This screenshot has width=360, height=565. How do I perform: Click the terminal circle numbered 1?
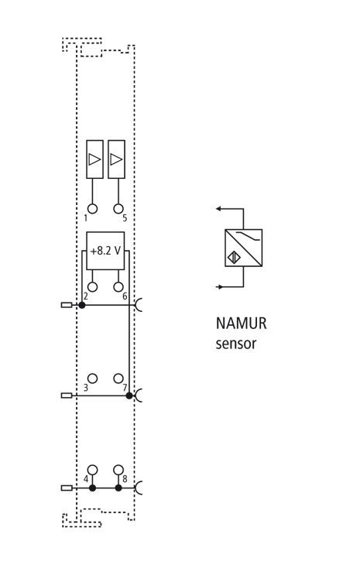tap(93, 209)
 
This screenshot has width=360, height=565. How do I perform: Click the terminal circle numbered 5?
tap(118, 209)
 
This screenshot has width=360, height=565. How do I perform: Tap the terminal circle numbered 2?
tap(93, 287)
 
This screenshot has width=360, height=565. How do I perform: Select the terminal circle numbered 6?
tap(118, 287)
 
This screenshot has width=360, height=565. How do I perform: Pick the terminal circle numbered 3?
tap(93, 378)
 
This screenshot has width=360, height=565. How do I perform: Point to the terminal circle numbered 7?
tap(118, 378)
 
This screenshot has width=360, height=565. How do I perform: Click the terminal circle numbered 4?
tap(93, 470)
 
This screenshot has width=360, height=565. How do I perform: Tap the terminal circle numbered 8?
tap(118, 470)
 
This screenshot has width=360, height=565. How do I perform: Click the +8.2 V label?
tap(105, 251)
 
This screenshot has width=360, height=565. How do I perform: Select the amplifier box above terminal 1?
tap(94, 159)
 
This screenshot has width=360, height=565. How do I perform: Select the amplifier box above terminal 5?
tap(116, 159)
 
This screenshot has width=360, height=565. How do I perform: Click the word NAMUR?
tap(241, 324)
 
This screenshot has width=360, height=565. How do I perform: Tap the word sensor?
tap(235, 344)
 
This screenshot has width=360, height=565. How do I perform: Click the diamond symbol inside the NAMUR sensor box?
tap(233, 257)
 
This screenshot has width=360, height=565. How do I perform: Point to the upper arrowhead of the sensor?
tap(218, 209)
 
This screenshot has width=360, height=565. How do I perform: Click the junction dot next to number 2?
tap(82, 305)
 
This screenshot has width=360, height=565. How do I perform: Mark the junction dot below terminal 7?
tap(129, 395)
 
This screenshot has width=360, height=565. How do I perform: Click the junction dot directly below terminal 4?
tap(93, 488)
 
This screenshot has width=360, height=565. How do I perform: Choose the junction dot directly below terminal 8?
tap(118, 488)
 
